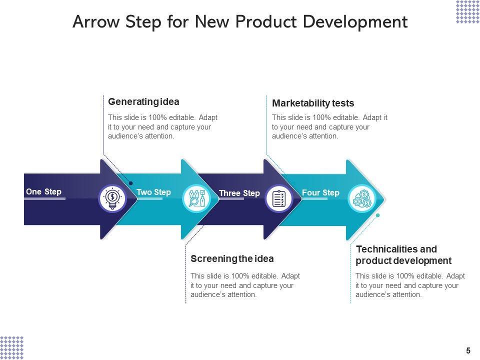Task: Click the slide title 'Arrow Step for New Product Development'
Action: [240, 22]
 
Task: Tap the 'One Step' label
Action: [43, 192]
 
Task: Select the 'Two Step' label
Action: [153, 192]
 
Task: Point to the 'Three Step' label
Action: [239, 193]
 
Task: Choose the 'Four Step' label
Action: [320, 193]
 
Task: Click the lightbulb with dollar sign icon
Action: [112, 198]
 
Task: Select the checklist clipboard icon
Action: [278, 198]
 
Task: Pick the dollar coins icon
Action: [361, 198]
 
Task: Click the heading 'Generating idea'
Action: [143, 102]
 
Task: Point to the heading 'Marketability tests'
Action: [313, 103]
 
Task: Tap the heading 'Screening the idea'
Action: [232, 259]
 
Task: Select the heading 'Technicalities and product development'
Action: [403, 255]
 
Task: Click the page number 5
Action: [468, 350]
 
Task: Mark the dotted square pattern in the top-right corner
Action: [467, 12]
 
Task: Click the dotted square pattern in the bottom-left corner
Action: [12, 347]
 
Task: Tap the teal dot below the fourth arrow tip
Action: [377, 215]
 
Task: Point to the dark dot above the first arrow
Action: [130, 169]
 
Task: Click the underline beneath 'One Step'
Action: [45, 199]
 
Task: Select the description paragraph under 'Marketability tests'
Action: [329, 127]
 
